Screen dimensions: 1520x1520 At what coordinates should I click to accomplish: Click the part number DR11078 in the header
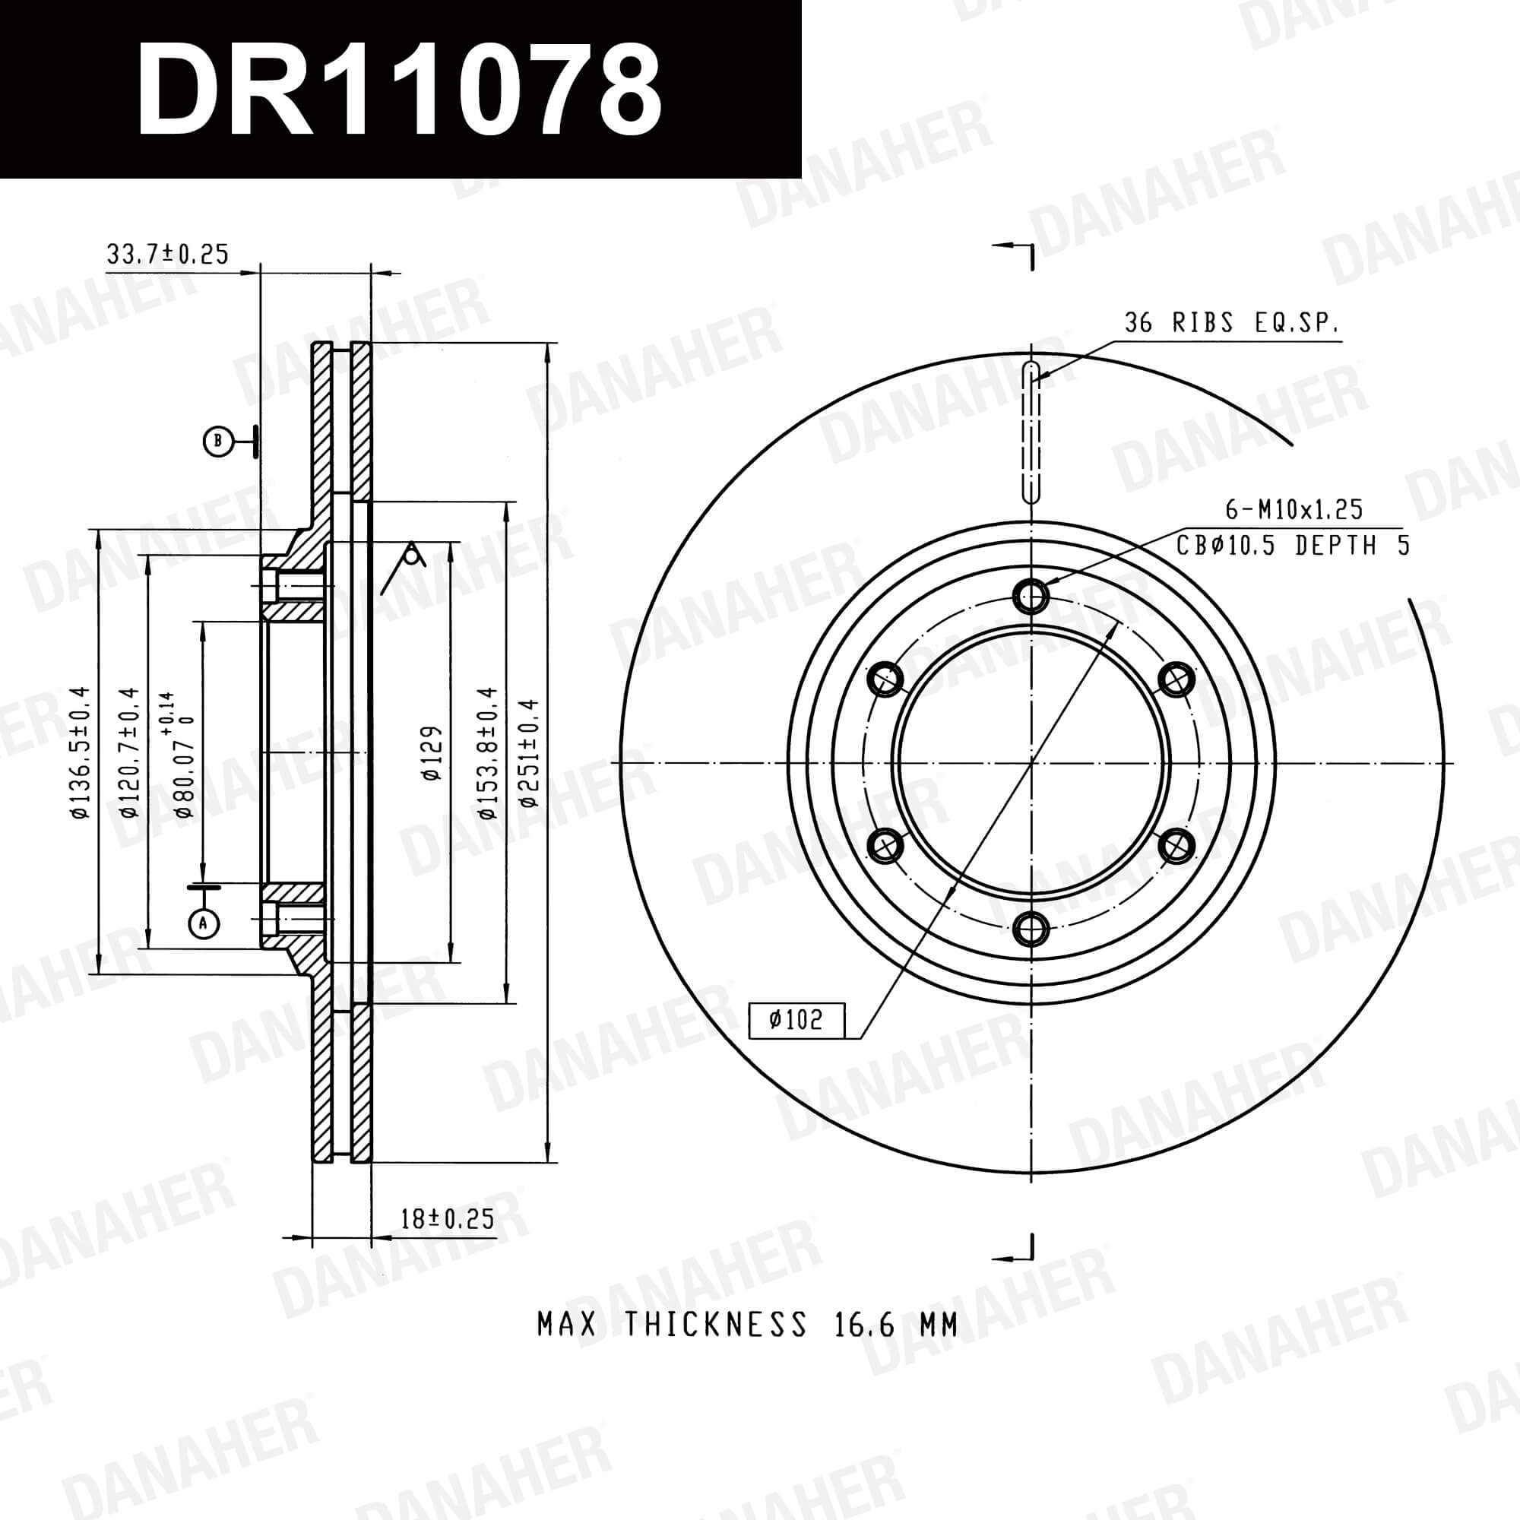tap(399, 89)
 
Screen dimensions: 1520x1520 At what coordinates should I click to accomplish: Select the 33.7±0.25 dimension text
tap(166, 254)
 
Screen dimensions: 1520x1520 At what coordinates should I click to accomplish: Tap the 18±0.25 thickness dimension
tap(447, 1219)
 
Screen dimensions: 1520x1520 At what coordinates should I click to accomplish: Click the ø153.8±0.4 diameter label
tap(489, 753)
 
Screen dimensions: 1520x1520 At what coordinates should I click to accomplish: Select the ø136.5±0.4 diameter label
tap(81, 753)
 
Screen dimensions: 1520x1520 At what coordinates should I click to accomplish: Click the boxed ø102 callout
tap(796, 1021)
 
